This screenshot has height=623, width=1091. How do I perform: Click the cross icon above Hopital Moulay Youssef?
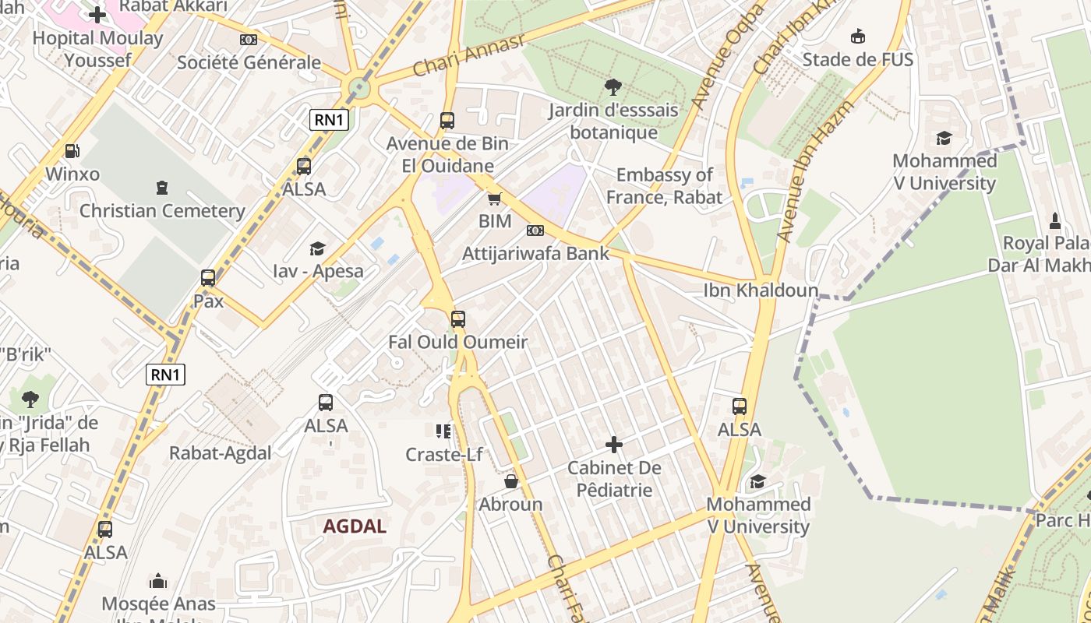click(x=97, y=15)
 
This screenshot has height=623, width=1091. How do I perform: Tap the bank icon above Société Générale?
click(x=248, y=39)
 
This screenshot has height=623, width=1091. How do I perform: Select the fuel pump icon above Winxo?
click(x=72, y=151)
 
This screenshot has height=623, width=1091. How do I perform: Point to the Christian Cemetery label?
click(x=162, y=210)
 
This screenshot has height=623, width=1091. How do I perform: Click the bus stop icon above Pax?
click(x=208, y=278)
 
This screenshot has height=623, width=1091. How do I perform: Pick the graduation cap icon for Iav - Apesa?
click(x=317, y=248)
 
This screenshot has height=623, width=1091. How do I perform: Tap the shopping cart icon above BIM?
click(x=494, y=199)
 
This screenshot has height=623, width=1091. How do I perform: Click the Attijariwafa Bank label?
click(x=535, y=253)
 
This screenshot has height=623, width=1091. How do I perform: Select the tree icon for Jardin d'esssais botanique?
click(x=613, y=87)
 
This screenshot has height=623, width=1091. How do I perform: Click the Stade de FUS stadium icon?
click(x=857, y=36)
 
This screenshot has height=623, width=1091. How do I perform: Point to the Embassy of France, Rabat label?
click(x=665, y=186)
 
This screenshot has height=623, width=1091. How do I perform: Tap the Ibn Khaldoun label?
click(x=761, y=290)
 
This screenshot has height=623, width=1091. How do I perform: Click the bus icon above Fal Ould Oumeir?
click(x=458, y=319)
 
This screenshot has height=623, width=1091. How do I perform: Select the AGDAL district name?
click(x=355, y=526)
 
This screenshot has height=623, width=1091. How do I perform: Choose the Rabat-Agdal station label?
click(x=221, y=453)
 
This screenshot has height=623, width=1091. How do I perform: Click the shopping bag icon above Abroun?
click(x=511, y=481)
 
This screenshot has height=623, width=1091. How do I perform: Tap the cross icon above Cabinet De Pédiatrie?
click(x=614, y=445)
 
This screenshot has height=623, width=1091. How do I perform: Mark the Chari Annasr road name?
click(x=468, y=56)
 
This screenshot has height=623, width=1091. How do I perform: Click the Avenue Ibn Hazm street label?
click(x=816, y=170)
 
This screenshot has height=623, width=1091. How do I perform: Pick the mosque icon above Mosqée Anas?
click(x=158, y=581)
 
